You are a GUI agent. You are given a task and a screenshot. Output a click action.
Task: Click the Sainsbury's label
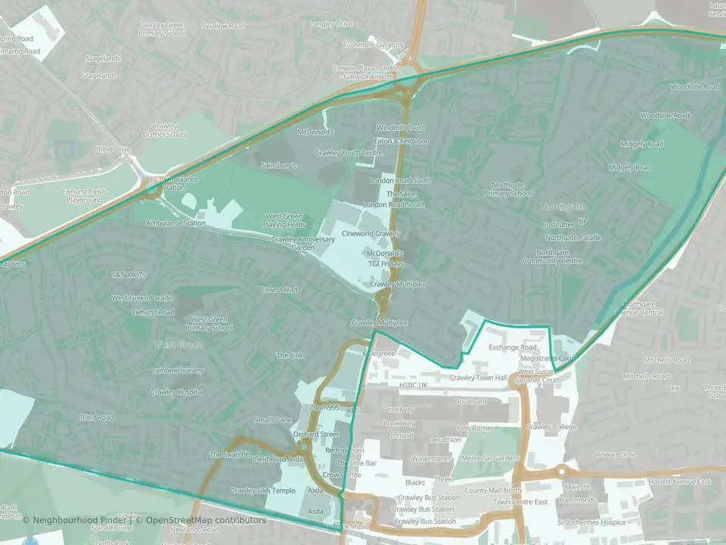click(x=279, y=164)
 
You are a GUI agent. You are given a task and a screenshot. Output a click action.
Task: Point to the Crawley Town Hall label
click(x=478, y=377)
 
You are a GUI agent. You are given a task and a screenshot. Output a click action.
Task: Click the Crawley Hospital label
click(x=177, y=392)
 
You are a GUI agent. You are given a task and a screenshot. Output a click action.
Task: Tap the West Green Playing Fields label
click(x=284, y=220)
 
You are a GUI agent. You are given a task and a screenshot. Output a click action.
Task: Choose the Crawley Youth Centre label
click(x=349, y=153)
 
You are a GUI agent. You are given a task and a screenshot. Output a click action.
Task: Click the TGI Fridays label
click(x=386, y=264)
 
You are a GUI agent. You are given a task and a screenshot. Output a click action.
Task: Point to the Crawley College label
click(x=551, y=427)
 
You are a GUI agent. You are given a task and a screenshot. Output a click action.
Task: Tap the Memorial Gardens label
click(x=492, y=458)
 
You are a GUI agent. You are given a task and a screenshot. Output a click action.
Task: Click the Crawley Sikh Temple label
click(x=262, y=490)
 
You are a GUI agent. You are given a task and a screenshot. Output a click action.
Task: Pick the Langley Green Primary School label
click(x=163, y=29)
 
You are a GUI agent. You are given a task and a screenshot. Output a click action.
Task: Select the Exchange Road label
click(x=512, y=347)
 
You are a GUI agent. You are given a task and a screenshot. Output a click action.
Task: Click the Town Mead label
click(x=279, y=290)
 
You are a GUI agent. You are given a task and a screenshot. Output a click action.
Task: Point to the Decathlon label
click(x=445, y=439)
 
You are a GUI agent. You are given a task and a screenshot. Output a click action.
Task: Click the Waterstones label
click(x=432, y=459)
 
